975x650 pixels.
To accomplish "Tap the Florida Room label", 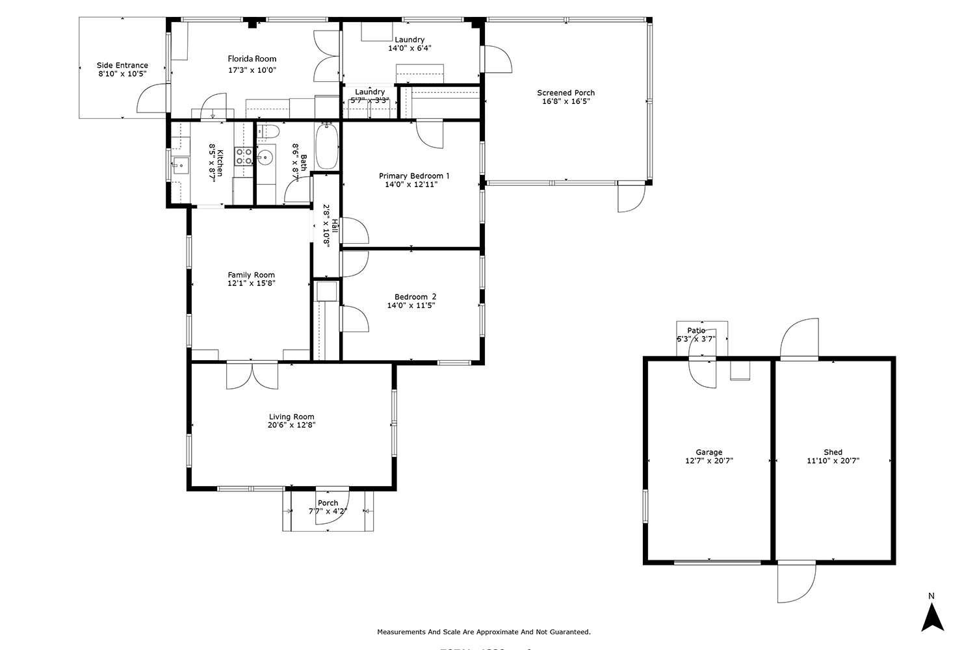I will click(x=252, y=58).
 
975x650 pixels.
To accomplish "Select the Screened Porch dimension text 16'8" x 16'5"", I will click(x=565, y=101).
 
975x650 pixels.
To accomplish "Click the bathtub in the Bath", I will click(x=326, y=146).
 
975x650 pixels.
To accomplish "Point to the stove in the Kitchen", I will click(x=244, y=156).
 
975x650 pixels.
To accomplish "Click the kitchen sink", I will click(x=180, y=165).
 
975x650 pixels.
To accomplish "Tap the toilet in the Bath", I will click(x=267, y=131).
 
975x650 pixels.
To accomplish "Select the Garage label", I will click(x=708, y=452).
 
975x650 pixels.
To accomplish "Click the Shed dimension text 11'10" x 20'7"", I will click(x=833, y=461).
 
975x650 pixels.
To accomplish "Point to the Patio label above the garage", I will click(x=696, y=331).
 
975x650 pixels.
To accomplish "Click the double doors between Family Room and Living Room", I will click(x=252, y=375).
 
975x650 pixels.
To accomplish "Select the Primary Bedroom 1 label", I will click(x=414, y=175).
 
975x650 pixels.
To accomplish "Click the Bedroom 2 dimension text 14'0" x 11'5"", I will click(x=411, y=305).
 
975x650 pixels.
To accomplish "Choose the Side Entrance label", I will click(x=122, y=65).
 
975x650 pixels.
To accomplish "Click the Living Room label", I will click(x=291, y=417).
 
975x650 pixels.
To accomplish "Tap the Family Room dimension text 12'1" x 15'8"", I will click(x=251, y=283).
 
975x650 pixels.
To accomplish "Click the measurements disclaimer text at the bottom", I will click(x=484, y=632).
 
